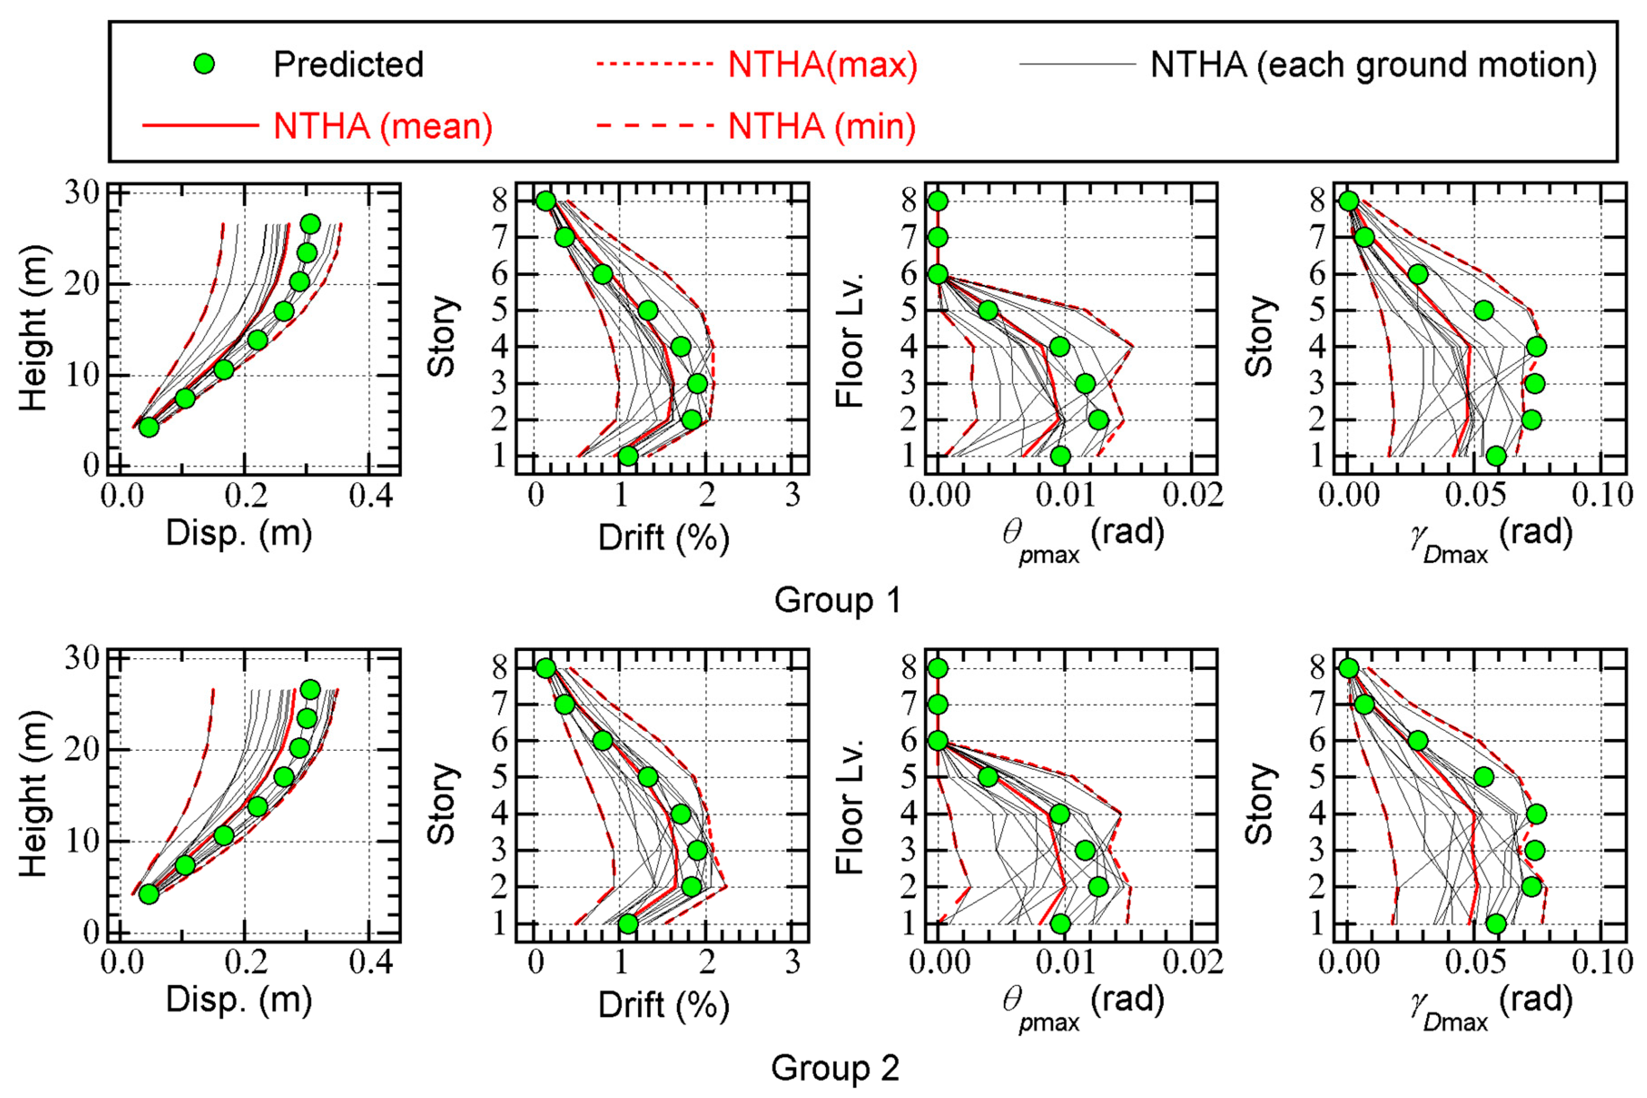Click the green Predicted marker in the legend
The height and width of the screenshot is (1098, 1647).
click(204, 64)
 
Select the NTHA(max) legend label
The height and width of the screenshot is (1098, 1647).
click(822, 64)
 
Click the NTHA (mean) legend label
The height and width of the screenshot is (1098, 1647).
click(383, 127)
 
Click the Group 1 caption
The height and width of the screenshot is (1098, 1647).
click(837, 600)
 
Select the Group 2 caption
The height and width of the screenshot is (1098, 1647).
click(835, 1068)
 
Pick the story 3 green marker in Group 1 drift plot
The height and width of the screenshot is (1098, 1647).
click(697, 384)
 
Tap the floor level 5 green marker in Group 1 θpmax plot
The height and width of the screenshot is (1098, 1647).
click(987, 310)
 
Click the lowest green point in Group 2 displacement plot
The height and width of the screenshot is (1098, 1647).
click(148, 894)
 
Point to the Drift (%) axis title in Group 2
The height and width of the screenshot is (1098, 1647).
click(663, 1005)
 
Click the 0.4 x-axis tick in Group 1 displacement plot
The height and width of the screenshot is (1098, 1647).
click(371, 496)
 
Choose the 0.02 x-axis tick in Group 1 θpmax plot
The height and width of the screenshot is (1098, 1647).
click(1192, 496)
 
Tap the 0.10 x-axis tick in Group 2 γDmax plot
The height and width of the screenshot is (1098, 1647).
click(1602, 963)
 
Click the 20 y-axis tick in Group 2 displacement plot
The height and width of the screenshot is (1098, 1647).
click(83, 750)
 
